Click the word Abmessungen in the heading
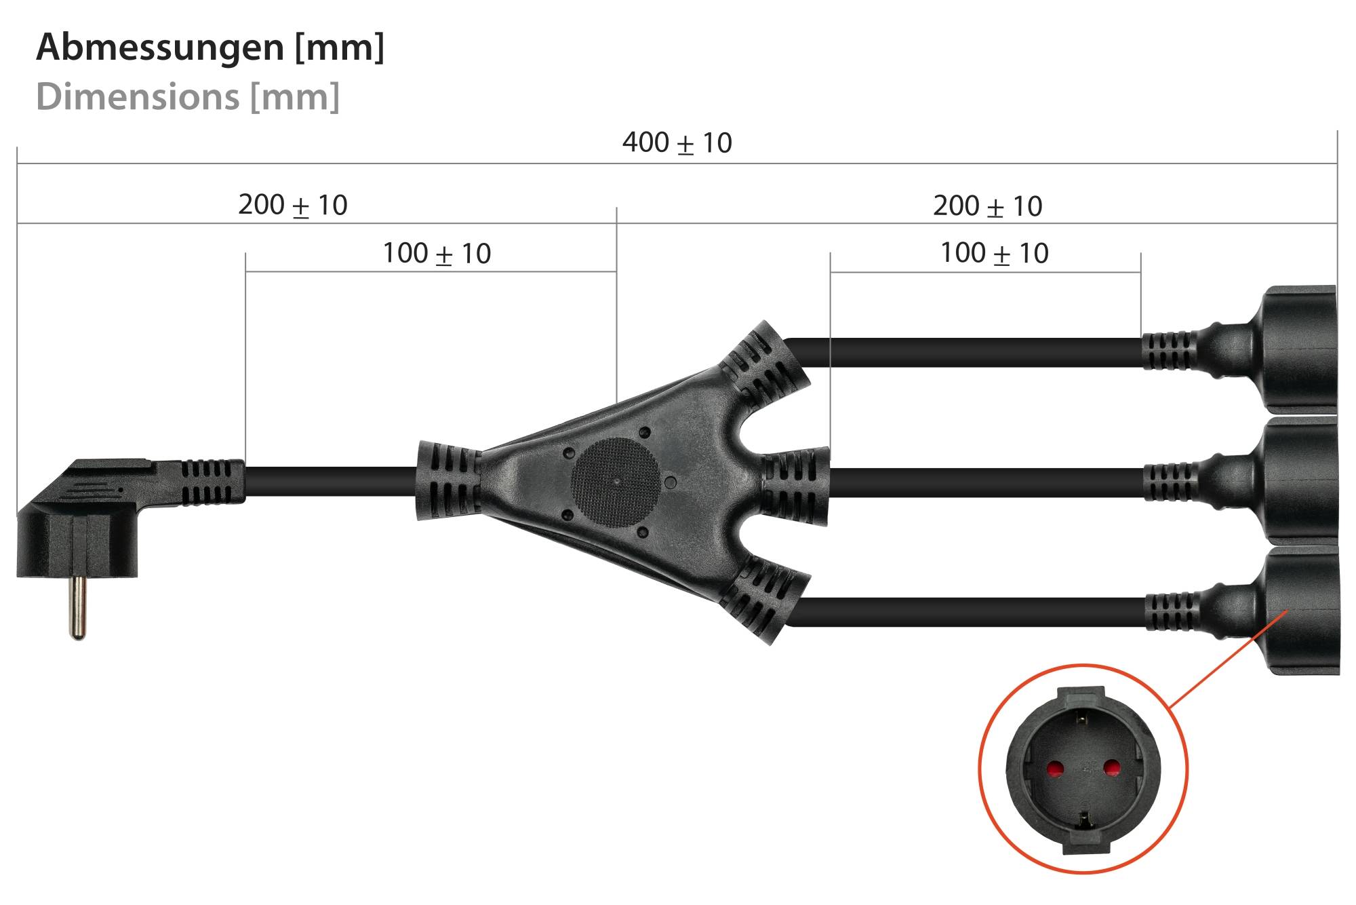160,47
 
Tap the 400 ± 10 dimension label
677,143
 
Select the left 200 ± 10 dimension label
292,205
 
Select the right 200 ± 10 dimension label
987,206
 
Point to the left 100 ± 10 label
437,254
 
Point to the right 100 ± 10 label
994,253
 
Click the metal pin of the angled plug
78,607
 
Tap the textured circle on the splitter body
614,481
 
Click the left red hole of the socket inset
1055,769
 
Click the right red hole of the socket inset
1111,769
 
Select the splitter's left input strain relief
447,480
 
